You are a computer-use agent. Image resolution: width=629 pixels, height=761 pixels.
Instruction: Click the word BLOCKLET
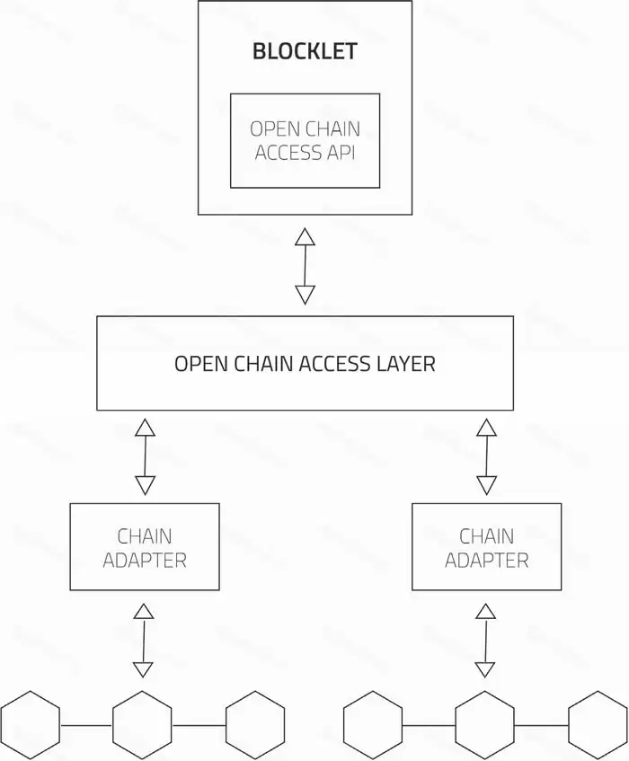[305, 51]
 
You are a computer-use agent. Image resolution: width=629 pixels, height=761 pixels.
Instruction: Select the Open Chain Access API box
[305, 140]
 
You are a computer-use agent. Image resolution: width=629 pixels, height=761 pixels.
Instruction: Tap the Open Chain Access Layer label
[305, 364]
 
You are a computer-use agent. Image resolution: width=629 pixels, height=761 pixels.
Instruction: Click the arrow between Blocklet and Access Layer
[306, 266]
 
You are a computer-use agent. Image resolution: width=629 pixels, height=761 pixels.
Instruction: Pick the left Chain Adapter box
[145, 546]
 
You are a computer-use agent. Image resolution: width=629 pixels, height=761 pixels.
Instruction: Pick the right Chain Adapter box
[486, 546]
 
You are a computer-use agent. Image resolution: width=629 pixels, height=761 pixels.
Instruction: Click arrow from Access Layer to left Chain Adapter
[145, 456]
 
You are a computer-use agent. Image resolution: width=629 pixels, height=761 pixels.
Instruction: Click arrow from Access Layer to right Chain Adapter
[486, 456]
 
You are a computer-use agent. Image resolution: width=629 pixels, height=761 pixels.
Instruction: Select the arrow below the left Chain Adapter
[143, 641]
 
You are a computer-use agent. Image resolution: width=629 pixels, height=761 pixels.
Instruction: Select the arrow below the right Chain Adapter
[485, 641]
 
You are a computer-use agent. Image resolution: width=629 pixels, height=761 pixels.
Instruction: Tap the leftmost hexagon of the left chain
[30, 724]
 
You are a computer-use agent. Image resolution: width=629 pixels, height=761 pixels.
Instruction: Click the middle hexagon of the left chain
[142, 724]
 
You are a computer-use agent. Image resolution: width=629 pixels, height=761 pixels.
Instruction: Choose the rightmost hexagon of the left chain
[255, 724]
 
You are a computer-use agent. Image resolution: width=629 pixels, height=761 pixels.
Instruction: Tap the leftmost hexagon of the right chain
[373, 724]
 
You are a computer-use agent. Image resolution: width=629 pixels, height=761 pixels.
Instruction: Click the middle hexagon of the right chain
[485, 724]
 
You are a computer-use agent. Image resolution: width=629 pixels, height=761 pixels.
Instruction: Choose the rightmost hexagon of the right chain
[598, 724]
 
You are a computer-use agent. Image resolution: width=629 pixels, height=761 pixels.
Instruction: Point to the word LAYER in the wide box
[403, 364]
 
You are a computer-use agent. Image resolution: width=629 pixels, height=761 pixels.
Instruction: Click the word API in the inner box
[340, 152]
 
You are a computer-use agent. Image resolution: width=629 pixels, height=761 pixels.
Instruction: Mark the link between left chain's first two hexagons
[86, 724]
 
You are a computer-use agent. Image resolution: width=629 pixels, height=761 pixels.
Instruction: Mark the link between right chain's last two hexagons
[542, 724]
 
